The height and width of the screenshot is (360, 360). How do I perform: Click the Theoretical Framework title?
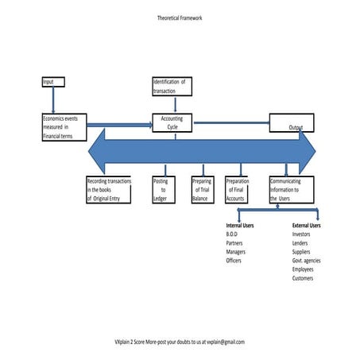(x=180, y=17)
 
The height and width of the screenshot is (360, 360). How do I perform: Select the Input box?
(x=52, y=81)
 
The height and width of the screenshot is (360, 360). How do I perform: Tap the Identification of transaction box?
(x=172, y=86)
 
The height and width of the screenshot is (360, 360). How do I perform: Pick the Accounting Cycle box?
(x=172, y=122)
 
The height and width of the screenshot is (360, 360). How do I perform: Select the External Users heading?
(x=307, y=226)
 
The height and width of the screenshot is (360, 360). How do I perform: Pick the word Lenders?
(x=303, y=243)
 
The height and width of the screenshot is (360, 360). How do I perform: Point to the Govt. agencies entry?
(x=307, y=261)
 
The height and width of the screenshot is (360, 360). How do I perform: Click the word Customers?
(x=304, y=278)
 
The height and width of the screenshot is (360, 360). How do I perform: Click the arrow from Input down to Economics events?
(x=52, y=99)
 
